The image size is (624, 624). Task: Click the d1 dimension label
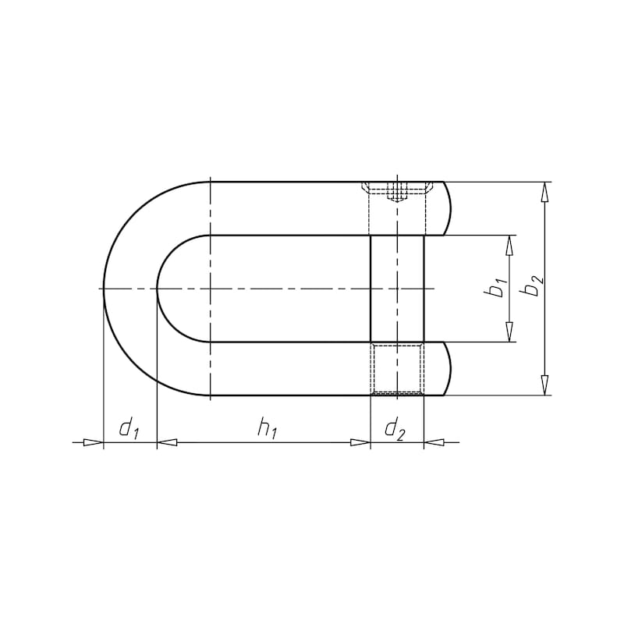coord(128,430)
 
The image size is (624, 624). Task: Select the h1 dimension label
coord(266,430)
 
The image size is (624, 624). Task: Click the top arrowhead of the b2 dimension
coord(545,192)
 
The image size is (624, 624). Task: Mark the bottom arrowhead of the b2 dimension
coord(545,385)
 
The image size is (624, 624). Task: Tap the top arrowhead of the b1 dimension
coord(510,246)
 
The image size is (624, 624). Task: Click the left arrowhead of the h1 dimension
coord(167,442)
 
